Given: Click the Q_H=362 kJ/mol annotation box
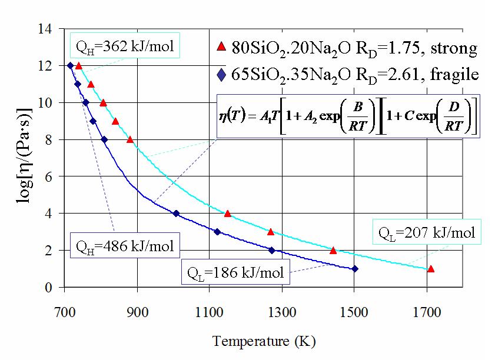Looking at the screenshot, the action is (x=125, y=45).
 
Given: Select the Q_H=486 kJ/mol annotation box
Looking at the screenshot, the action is (x=125, y=245).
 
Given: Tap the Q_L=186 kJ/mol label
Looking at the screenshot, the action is (x=235, y=272).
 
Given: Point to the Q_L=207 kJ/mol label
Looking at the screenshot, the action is (x=427, y=232).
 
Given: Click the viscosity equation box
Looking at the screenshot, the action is (x=348, y=116).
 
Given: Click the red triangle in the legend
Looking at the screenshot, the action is (x=222, y=46).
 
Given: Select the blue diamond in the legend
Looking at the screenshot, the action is (x=222, y=75).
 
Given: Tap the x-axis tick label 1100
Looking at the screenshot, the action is (x=209, y=312).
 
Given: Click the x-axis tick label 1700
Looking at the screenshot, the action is (x=427, y=312).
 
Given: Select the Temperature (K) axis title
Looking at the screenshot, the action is (x=264, y=341).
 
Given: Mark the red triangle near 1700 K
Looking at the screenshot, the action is (x=431, y=269).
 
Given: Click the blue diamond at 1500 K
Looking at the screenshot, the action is (x=354, y=269).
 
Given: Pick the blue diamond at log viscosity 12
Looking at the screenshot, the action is (x=71, y=66).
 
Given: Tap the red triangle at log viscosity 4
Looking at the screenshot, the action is (x=228, y=214).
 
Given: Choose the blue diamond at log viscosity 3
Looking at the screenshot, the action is (x=217, y=232).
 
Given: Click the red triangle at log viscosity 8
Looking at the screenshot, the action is (x=130, y=139).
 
